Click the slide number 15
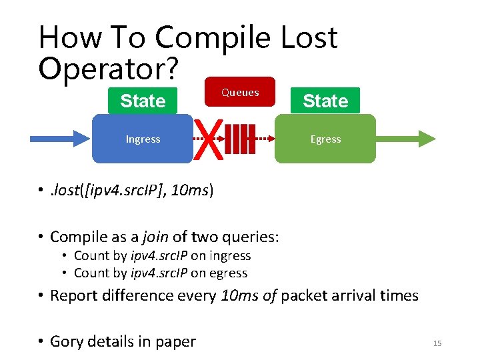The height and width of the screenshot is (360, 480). point(437,343)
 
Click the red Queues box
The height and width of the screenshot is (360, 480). point(240,92)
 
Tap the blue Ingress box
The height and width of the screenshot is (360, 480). point(143,139)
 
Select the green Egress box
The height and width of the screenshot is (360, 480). point(325,139)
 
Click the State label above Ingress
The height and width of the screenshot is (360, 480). point(143,101)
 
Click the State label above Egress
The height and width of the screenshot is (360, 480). point(325,101)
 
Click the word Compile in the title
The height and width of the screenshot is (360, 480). point(213,38)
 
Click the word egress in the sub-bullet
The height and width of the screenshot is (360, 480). point(227,273)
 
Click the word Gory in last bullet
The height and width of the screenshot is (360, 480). point(67,341)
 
